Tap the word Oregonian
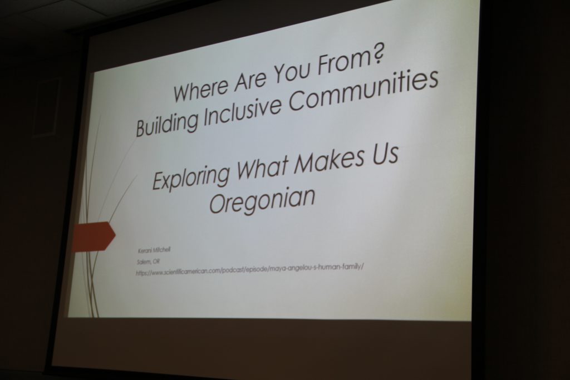(262, 201)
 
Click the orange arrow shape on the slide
(94, 236)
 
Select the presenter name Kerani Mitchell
(154, 251)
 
